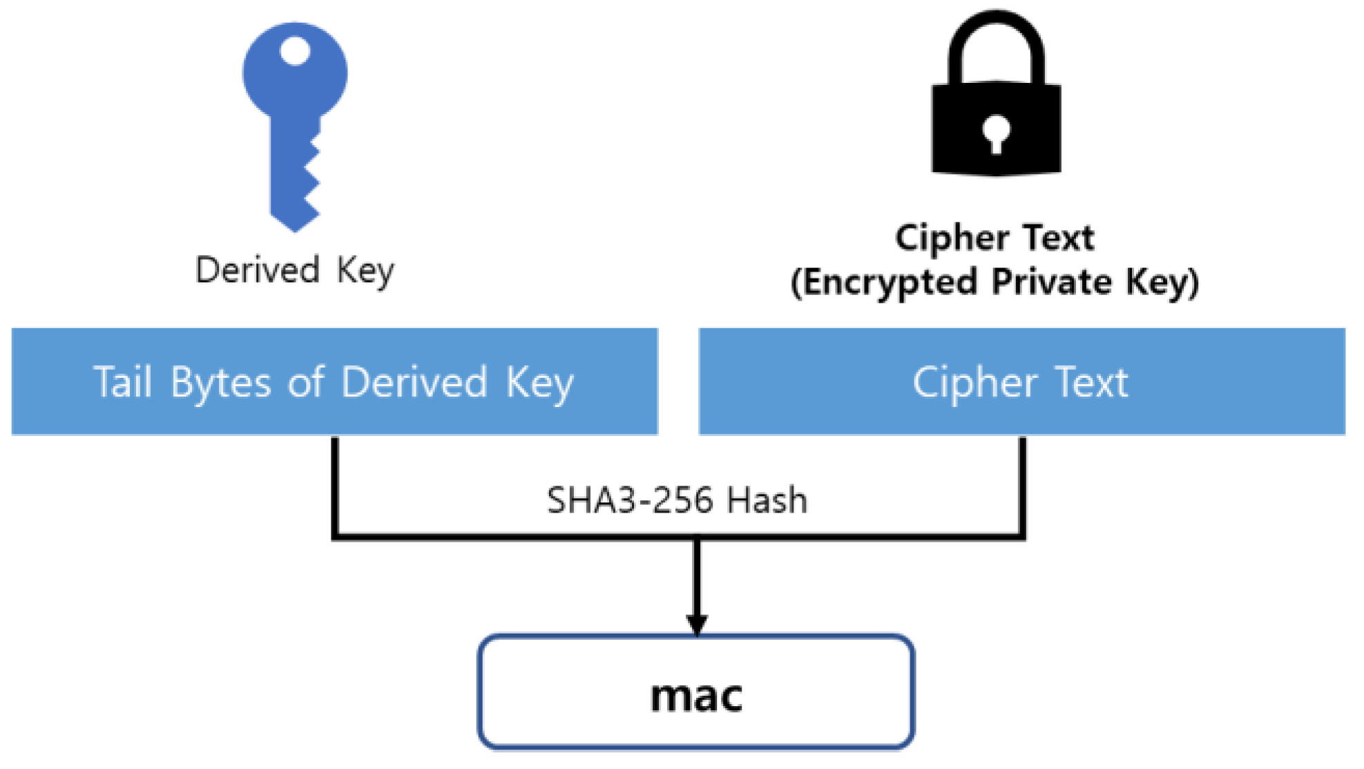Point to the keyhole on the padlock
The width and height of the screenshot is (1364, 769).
point(996,133)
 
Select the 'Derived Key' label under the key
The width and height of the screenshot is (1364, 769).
point(294,269)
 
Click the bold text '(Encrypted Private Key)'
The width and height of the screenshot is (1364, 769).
point(994,282)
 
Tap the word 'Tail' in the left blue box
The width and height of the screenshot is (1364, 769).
point(122,382)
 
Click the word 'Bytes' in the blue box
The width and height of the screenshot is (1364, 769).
point(220,382)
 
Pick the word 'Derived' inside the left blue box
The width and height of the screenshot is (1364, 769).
point(414,382)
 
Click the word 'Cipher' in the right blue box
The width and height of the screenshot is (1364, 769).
point(974,382)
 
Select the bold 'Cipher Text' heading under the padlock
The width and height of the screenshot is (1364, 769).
point(995,238)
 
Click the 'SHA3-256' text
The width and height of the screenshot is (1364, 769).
point(628,500)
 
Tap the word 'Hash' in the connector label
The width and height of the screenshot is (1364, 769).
point(767,500)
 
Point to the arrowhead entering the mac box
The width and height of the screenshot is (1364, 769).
point(697,624)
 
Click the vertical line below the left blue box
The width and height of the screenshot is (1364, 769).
point(335,484)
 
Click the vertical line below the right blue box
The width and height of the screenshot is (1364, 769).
point(1022,484)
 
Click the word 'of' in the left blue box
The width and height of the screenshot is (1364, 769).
point(305,382)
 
